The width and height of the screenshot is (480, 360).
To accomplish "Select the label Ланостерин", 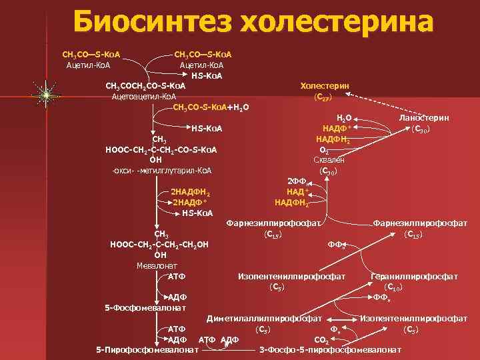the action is point(423,117).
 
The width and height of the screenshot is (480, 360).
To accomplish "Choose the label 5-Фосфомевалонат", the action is point(145,307).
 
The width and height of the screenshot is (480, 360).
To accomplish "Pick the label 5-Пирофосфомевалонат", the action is point(147,349).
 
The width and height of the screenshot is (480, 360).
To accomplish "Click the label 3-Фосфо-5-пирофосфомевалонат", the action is point(330,349).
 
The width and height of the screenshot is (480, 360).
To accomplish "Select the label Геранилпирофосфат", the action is point(414,276).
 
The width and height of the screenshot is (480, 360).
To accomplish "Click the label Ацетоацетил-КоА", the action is point(144,97).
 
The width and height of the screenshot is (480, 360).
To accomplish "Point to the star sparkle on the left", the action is point(45,96).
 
